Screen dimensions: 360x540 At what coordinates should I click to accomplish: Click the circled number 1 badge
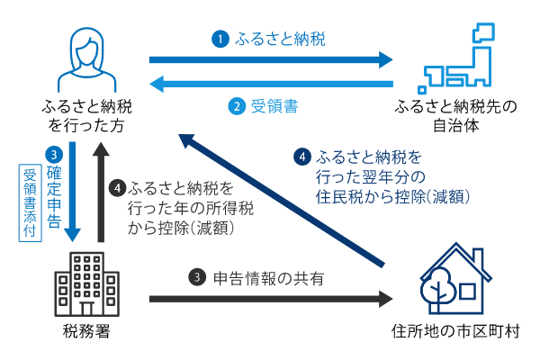pos(218,39)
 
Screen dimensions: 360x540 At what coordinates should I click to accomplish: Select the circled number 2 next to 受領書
pos(236,106)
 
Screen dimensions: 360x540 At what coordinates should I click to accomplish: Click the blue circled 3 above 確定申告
pos(55,154)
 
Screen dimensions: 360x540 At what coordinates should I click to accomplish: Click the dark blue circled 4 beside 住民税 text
pos(303,156)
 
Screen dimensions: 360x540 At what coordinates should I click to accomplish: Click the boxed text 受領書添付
pos(28,201)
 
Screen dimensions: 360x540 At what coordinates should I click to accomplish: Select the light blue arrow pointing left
pos(270,85)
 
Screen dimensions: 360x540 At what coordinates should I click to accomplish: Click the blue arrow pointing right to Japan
pos(270,60)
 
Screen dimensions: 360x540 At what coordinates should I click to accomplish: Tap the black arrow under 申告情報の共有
pos(270,298)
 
